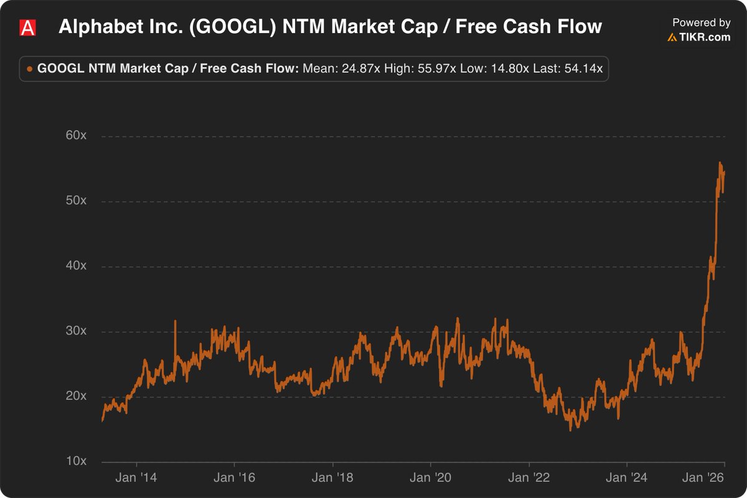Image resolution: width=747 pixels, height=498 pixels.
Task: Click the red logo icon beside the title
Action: [x=27, y=27]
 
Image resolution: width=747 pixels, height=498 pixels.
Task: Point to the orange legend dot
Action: [x=29, y=69]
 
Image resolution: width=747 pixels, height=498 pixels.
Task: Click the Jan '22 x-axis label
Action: [x=529, y=478]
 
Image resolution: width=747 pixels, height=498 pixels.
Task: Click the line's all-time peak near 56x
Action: [x=720, y=163]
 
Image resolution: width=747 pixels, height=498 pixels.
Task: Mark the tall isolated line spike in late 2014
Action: [x=175, y=321]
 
